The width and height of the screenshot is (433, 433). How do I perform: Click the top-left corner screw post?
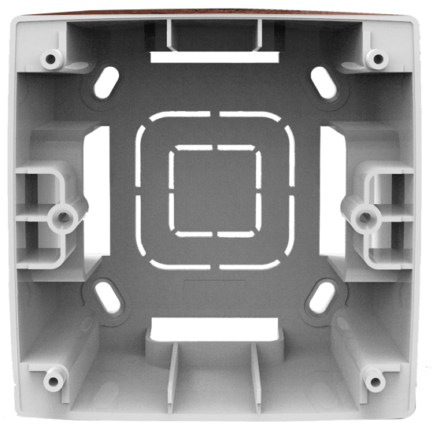[52, 57]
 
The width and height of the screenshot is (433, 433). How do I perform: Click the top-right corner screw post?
[378, 57]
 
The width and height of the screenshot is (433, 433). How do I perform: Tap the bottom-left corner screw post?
[53, 381]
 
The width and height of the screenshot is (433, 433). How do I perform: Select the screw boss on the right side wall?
[365, 214]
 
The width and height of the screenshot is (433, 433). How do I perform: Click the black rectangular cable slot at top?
[214, 57]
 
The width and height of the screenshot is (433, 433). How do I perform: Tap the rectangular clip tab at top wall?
[213, 33]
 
